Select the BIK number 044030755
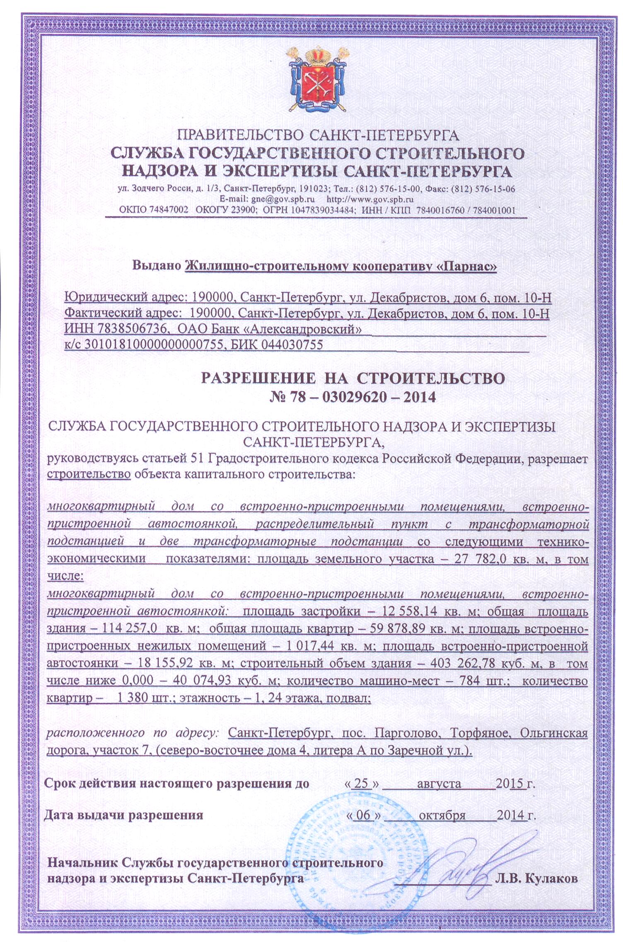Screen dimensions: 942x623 click(x=292, y=345)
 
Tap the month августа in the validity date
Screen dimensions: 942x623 click(x=439, y=784)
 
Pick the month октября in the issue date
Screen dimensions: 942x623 click(x=442, y=815)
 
